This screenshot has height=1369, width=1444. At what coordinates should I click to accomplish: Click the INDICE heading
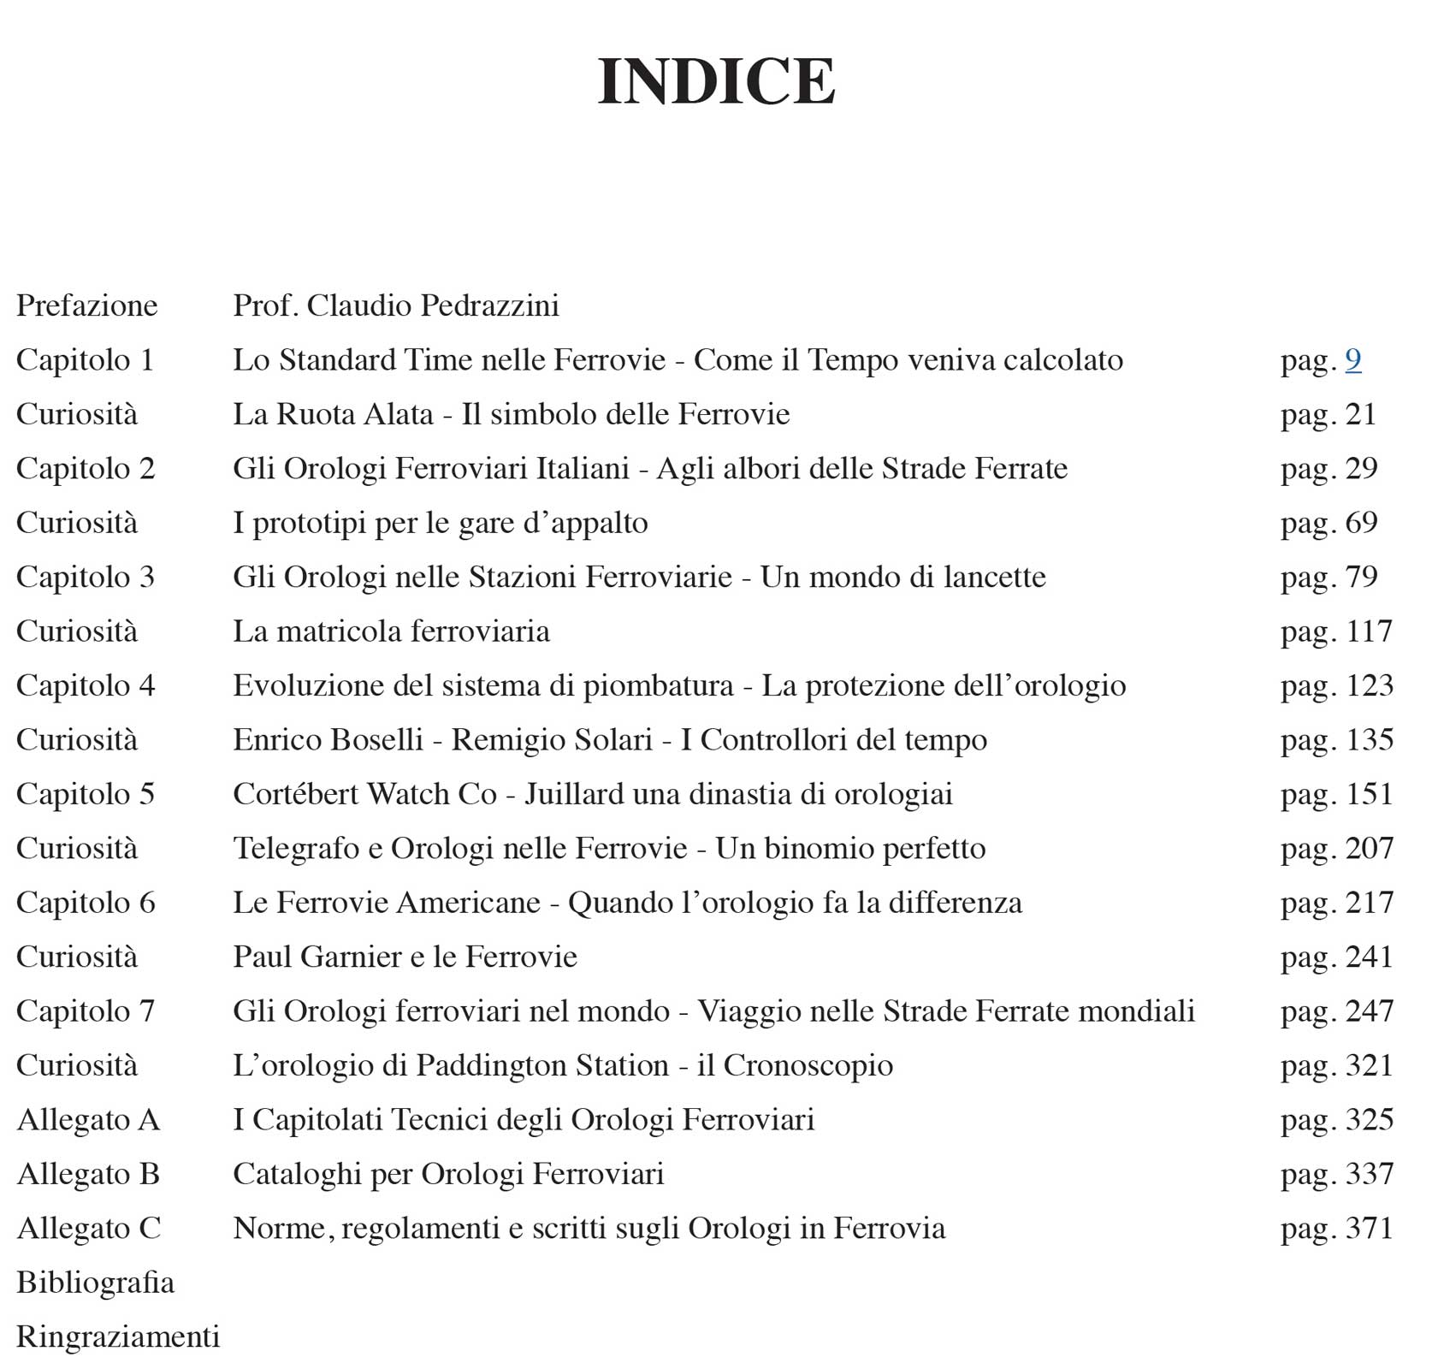click(716, 82)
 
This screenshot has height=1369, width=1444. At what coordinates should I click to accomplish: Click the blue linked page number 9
click(1352, 360)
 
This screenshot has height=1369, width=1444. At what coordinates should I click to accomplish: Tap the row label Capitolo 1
click(85, 360)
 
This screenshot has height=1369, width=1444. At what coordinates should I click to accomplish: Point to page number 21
click(1360, 414)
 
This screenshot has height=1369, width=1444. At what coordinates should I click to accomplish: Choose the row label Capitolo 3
click(86, 577)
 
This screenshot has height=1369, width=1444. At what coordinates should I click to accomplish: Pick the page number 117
click(1369, 631)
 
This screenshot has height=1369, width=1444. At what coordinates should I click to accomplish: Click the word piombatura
click(658, 686)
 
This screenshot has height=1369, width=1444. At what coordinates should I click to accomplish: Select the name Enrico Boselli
click(328, 740)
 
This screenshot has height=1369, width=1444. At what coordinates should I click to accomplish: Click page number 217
click(1369, 903)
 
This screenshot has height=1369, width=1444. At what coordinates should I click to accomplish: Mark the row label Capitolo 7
click(86, 1011)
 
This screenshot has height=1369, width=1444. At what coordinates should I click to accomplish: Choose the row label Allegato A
click(88, 1120)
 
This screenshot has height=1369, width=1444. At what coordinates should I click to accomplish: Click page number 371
click(1369, 1229)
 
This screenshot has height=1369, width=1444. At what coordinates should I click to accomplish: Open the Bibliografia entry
click(95, 1283)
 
